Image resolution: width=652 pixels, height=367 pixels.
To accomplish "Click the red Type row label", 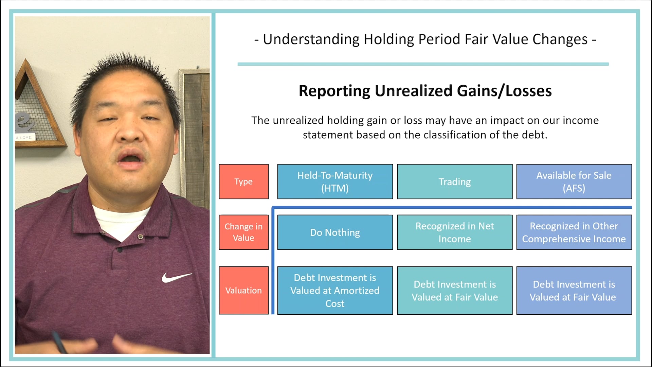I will click(243, 181).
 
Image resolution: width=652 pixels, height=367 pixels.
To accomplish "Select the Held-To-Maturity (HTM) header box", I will click(335, 181).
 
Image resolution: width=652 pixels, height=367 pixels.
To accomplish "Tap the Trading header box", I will click(455, 181).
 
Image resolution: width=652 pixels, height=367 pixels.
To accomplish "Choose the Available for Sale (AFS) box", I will click(574, 181).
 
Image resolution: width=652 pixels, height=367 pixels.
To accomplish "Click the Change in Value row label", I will click(243, 232).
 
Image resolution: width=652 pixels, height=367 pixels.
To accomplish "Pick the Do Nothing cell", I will click(335, 232).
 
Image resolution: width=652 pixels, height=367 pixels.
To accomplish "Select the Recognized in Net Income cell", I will click(455, 232).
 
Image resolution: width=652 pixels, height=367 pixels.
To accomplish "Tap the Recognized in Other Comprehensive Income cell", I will click(574, 232).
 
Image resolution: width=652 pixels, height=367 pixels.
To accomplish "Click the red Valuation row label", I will click(243, 290).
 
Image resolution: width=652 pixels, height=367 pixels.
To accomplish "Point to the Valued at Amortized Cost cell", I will click(335, 290).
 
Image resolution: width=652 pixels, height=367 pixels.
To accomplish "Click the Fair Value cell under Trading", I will click(455, 290).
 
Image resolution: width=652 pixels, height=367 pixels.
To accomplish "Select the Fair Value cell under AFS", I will click(574, 290).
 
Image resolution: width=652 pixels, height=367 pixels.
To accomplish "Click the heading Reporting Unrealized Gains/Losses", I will click(425, 91).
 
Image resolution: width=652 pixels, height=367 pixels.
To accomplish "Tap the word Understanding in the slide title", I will click(311, 39).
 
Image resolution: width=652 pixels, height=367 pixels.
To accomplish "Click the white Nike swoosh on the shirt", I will click(176, 277).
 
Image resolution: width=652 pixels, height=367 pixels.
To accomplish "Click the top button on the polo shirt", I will click(140, 237).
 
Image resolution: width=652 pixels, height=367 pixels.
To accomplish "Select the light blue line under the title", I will click(423, 64).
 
